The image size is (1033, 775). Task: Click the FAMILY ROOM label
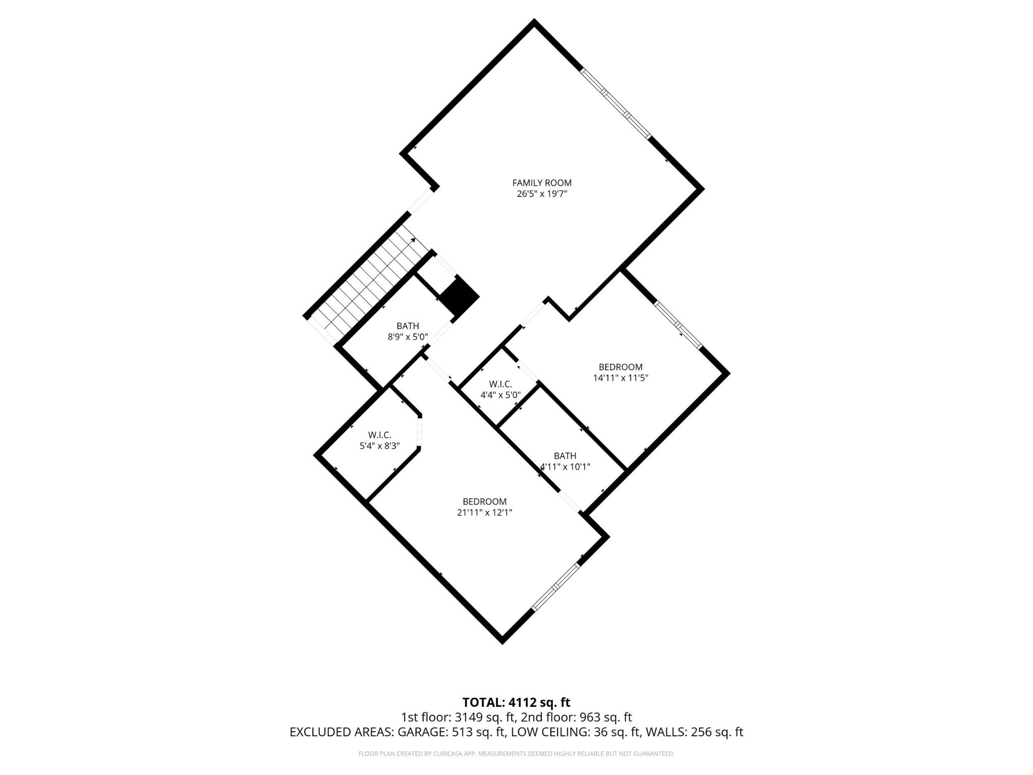[x=542, y=183]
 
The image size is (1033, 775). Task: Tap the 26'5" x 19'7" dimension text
[x=542, y=194]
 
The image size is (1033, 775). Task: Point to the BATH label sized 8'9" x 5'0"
[x=408, y=326]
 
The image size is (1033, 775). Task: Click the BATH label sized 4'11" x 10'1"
[x=565, y=456]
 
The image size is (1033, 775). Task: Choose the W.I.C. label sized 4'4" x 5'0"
[x=500, y=384]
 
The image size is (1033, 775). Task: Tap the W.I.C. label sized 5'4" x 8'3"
[x=379, y=435]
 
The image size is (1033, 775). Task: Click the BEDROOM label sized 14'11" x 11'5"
[x=620, y=367]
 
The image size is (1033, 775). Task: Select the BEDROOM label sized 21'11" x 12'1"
[x=484, y=502]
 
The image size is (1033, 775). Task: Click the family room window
[x=615, y=103]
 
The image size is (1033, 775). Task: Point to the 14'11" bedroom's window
[x=678, y=325]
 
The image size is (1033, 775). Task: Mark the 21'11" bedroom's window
[x=555, y=586]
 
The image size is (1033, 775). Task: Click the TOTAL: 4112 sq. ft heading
[x=516, y=702]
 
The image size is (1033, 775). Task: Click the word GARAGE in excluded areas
[x=421, y=732]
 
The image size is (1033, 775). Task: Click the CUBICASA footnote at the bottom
[x=516, y=754]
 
